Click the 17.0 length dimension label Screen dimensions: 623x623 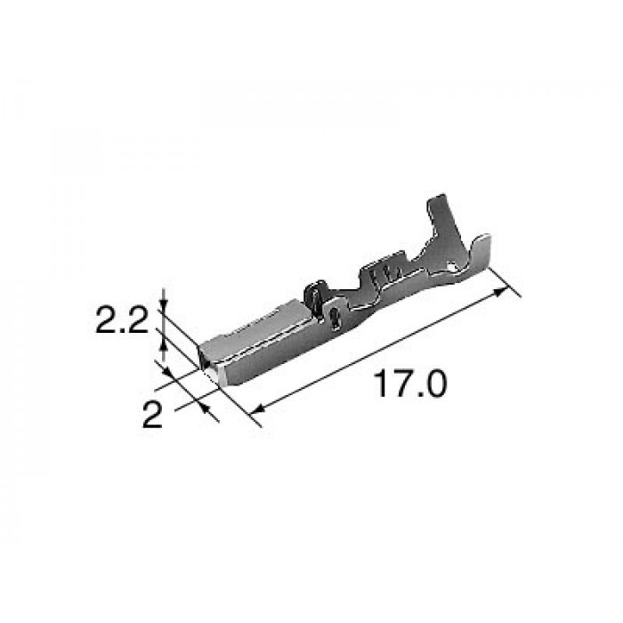(x=410, y=384)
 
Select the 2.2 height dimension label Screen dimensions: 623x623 (x=122, y=320)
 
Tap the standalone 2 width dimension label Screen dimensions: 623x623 (x=152, y=415)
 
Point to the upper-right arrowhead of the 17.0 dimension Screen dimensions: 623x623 (x=501, y=292)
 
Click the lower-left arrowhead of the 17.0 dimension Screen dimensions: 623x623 (x=259, y=409)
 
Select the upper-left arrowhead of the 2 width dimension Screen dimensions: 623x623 (x=167, y=372)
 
